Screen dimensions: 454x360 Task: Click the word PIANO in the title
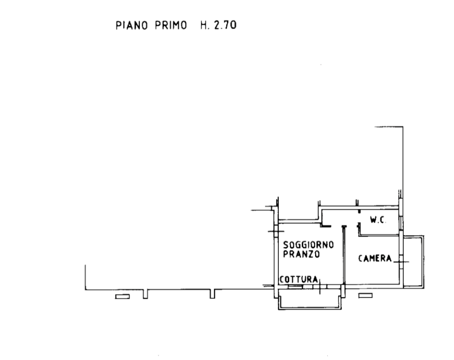click(132, 25)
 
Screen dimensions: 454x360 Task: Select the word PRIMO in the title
click(171, 25)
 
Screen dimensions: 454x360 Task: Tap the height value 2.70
click(225, 25)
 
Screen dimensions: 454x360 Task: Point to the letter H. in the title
click(205, 25)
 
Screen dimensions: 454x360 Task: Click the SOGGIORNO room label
click(308, 245)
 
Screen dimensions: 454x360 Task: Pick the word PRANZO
click(301, 254)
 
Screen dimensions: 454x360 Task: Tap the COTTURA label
click(299, 280)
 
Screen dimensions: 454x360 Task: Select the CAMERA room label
click(375, 258)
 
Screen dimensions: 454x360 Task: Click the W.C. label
click(378, 220)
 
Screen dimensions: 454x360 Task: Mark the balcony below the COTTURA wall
click(310, 308)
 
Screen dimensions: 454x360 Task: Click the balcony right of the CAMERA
click(423, 261)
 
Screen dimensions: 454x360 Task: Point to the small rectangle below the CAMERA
click(365, 296)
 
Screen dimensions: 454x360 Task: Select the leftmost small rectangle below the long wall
click(123, 296)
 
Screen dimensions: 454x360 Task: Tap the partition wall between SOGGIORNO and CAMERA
click(344, 255)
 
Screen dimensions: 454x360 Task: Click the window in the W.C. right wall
click(401, 223)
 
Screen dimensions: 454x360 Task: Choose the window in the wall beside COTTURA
click(296, 287)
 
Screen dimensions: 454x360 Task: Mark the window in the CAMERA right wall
click(401, 262)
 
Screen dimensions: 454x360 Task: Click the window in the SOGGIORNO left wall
click(276, 231)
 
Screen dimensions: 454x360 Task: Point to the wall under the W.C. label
click(379, 235)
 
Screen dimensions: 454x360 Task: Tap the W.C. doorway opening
click(359, 218)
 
